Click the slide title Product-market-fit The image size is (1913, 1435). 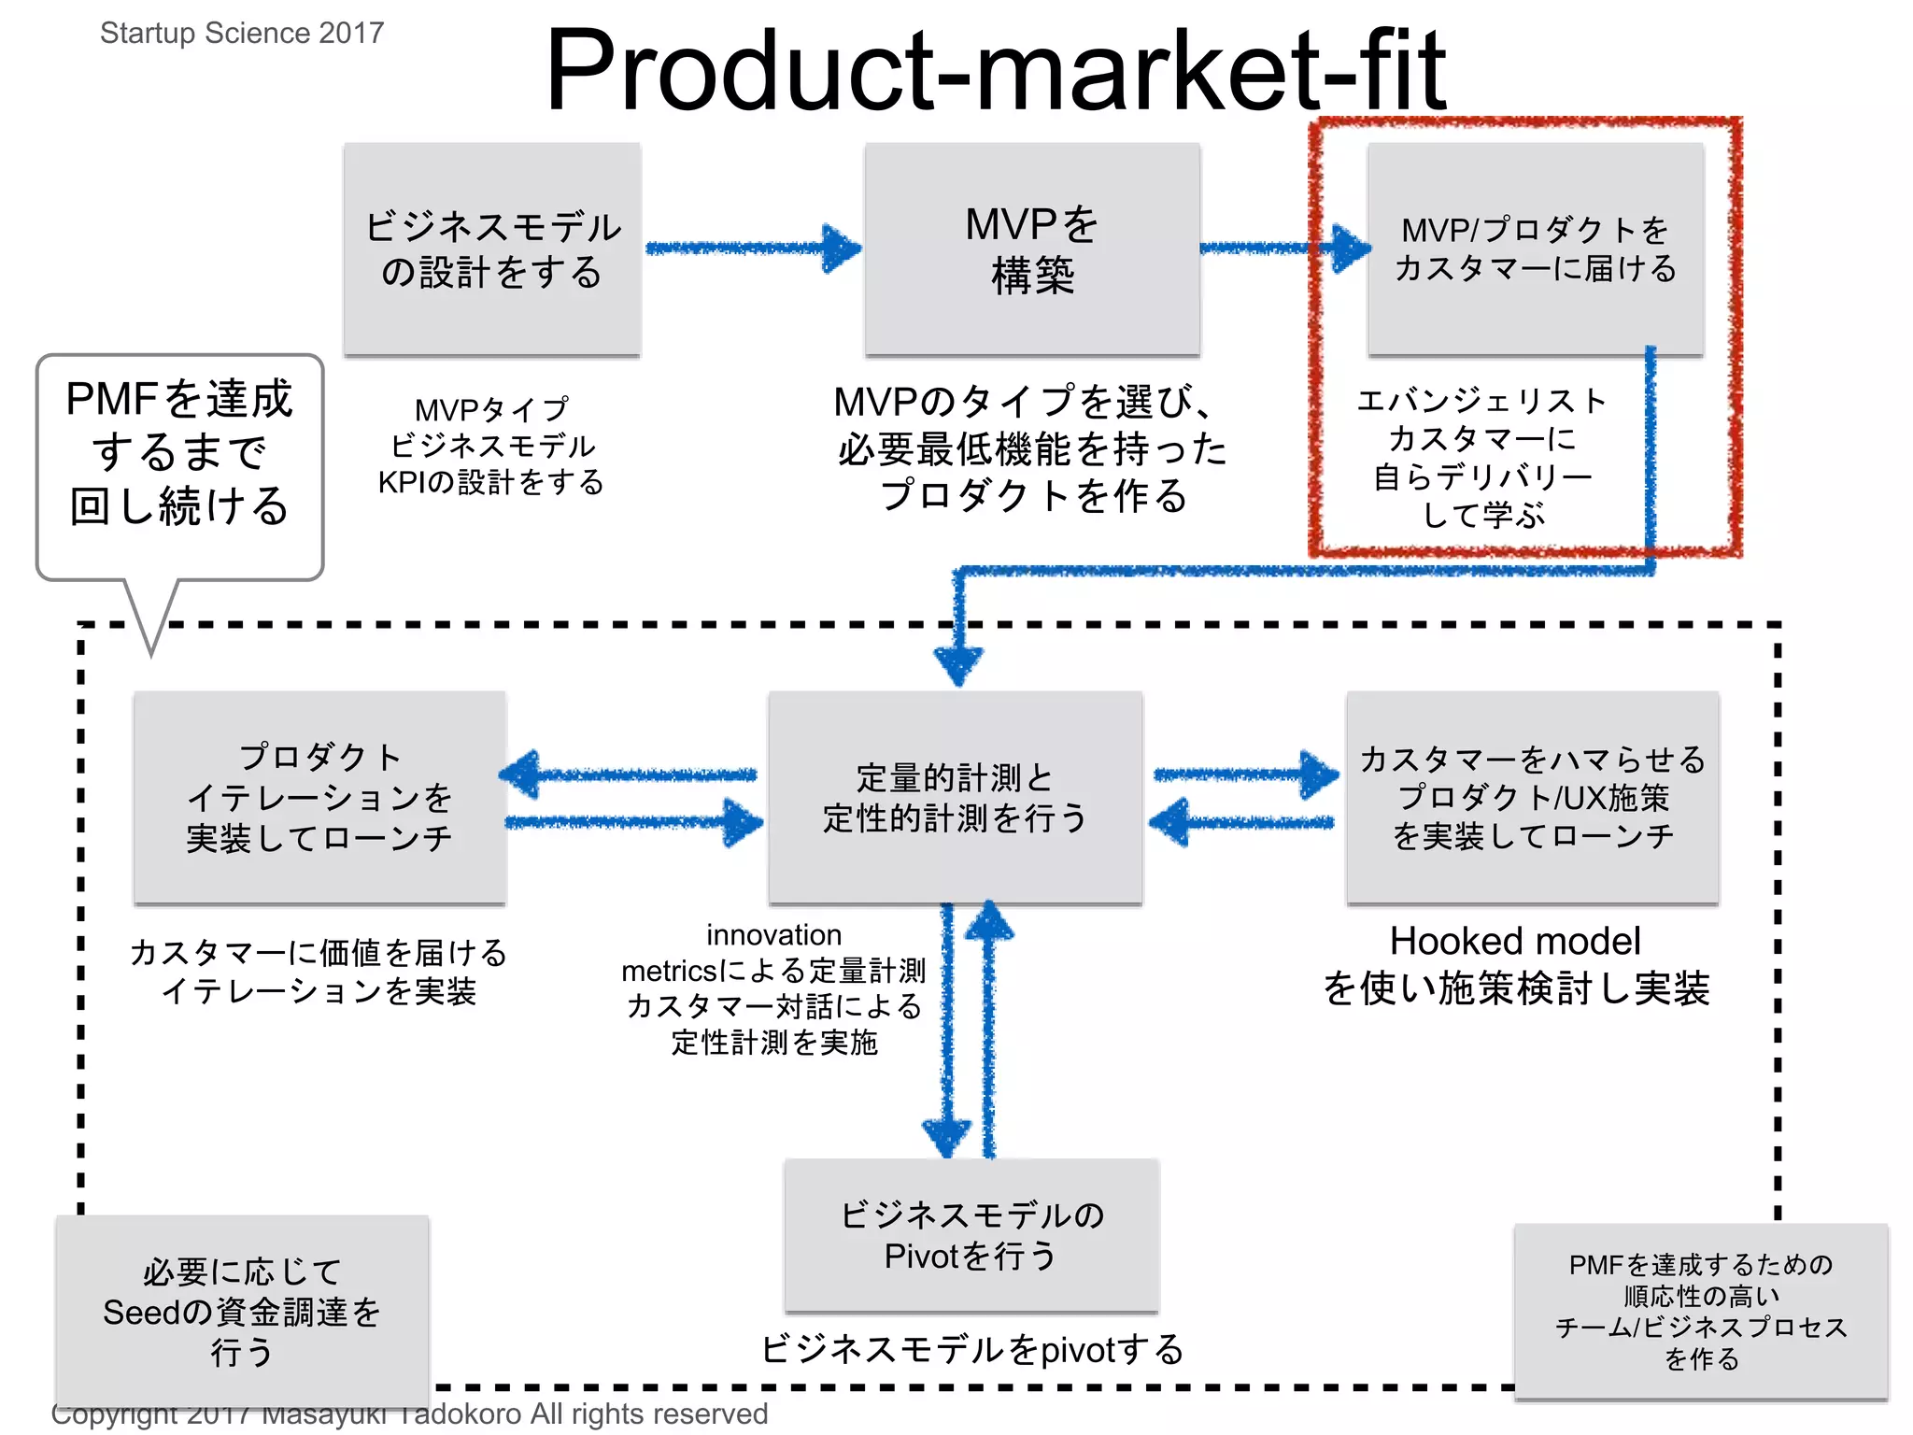(995, 70)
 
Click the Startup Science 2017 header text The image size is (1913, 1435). (242, 33)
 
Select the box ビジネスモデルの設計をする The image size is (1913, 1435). (492, 249)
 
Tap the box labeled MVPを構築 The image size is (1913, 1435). (1032, 249)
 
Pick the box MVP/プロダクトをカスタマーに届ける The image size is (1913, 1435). (1535, 249)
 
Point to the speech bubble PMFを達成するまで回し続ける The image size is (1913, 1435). (179, 453)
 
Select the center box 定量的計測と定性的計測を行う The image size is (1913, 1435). (955, 798)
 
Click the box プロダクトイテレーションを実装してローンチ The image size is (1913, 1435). (319, 798)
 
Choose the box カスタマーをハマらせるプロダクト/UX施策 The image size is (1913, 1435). (1532, 798)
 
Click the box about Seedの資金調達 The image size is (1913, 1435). (242, 1311)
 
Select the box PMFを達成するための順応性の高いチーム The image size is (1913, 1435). (1701, 1311)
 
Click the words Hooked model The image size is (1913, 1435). (1514, 942)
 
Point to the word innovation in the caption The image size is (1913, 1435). (773, 935)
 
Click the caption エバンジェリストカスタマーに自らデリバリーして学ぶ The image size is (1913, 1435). (1482, 458)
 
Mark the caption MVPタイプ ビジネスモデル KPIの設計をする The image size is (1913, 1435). (491, 447)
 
